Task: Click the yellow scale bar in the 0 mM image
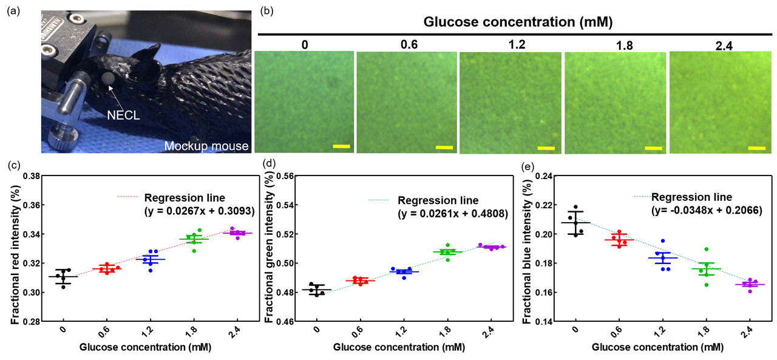tap(341, 146)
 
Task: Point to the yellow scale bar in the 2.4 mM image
tap(756, 148)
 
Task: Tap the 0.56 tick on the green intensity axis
tap(285, 176)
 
